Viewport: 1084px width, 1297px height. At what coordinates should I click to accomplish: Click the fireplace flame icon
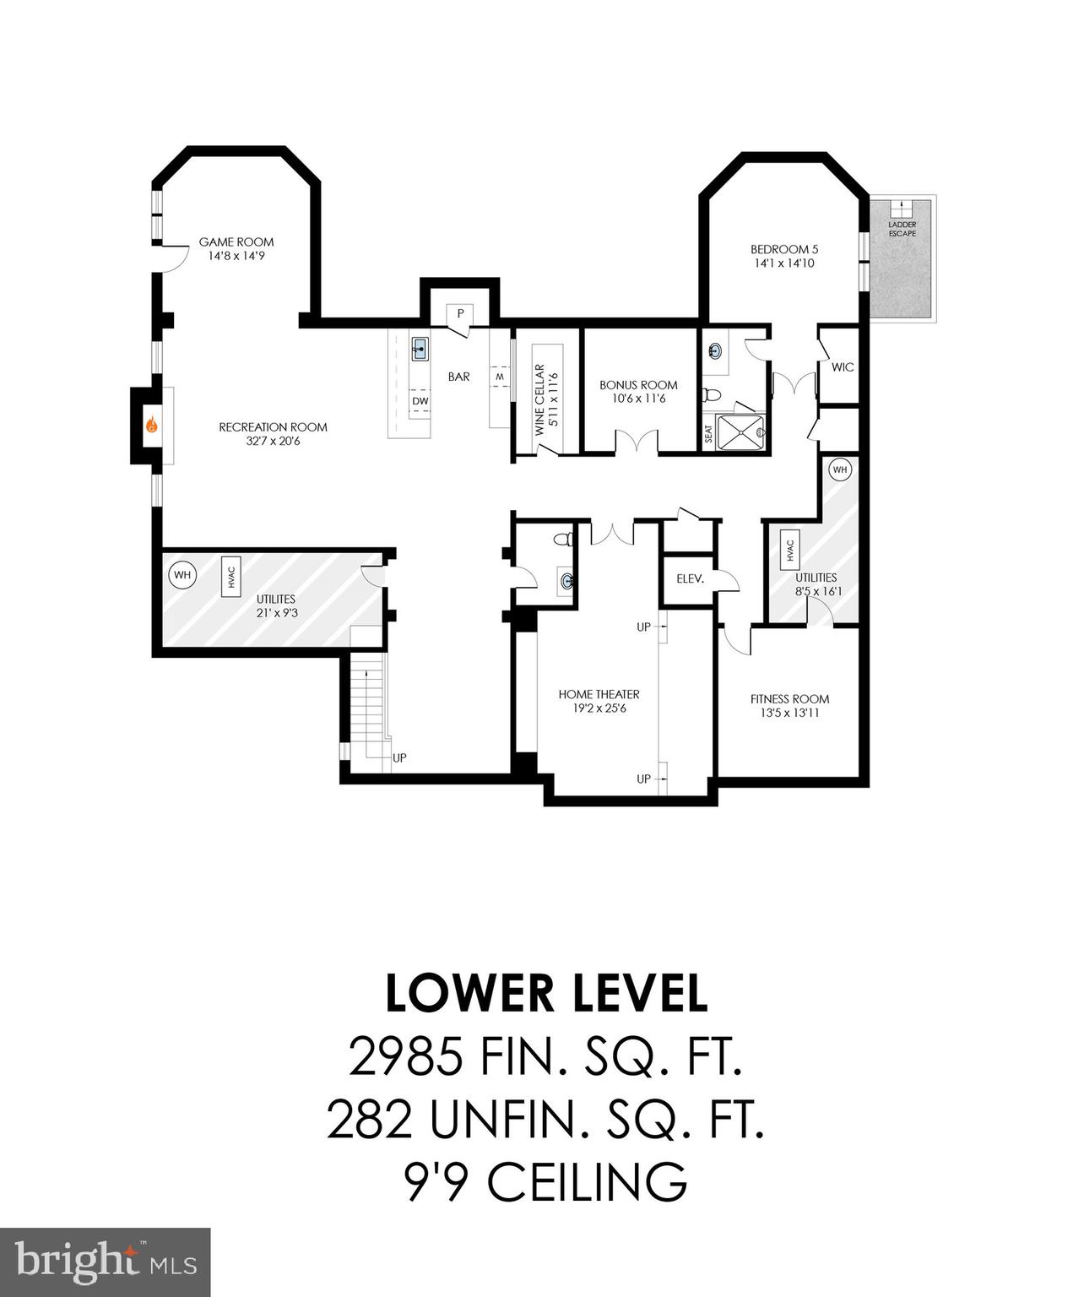coord(152,426)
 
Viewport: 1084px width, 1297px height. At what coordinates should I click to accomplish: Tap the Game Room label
coord(236,242)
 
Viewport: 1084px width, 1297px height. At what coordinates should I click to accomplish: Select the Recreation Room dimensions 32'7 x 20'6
coord(273,441)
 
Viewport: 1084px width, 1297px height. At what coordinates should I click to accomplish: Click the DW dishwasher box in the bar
coord(420,401)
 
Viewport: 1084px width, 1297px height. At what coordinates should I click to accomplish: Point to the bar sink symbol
coord(420,347)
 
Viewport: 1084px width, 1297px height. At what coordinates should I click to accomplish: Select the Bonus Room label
coord(638,385)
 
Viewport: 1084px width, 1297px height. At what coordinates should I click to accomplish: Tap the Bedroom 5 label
coord(784,249)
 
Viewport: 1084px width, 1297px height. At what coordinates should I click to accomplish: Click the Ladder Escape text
coord(902,229)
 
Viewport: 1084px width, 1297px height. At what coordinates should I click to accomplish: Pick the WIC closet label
coord(842,367)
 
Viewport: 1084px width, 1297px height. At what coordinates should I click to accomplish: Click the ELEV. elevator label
coord(690,579)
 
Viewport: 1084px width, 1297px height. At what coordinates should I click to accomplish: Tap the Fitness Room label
coord(789,699)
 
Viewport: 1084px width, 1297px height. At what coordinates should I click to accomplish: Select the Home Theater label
coord(599,694)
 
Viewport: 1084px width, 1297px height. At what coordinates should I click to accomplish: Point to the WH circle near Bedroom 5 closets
coord(839,469)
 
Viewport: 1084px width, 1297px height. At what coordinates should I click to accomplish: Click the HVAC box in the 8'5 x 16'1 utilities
coord(790,551)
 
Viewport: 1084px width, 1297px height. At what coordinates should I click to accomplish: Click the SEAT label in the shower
coord(708,434)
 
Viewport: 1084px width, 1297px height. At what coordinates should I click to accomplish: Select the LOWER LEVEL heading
coord(545,994)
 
